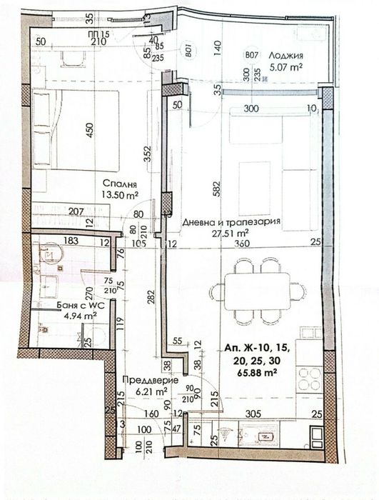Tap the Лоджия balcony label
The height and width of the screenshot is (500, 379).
click(x=290, y=55)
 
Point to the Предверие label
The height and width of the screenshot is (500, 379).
click(x=144, y=381)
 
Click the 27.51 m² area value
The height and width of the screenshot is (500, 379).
click(x=231, y=233)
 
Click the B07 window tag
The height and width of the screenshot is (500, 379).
click(x=250, y=54)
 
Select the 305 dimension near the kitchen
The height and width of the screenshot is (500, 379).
click(x=253, y=413)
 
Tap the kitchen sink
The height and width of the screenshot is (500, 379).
click(x=253, y=433)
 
